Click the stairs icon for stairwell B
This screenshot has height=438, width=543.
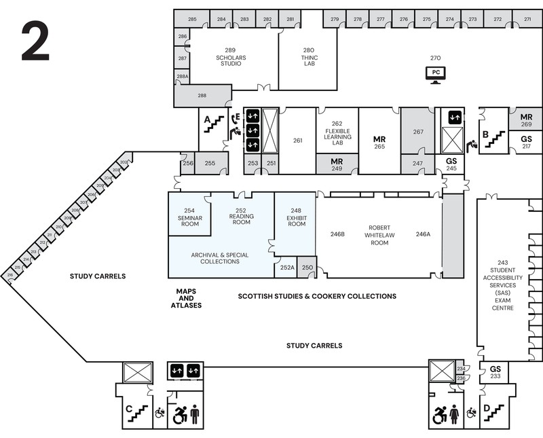(497, 138)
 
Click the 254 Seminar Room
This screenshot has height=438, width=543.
(189, 216)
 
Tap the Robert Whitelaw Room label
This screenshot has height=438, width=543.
(378, 235)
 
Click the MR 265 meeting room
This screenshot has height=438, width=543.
(379, 142)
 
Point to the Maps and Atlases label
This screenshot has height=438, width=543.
(186, 298)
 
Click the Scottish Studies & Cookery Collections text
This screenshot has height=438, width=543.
(317, 296)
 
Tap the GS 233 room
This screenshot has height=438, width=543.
(495, 372)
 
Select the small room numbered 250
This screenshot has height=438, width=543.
(307, 268)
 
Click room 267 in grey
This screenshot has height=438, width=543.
(418, 132)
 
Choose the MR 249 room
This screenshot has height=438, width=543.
(337, 164)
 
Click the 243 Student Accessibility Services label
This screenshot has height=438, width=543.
(502, 285)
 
